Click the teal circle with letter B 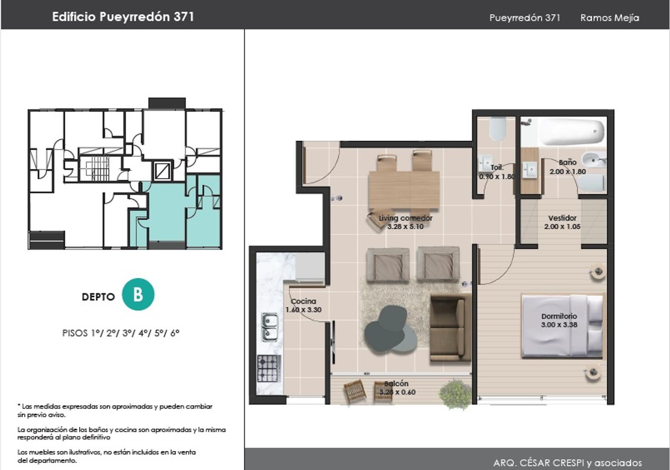click(x=138, y=294)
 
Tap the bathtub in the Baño click(x=572, y=132)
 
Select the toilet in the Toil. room click(x=498, y=129)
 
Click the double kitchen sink click(x=270, y=327)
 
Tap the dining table click(x=404, y=190)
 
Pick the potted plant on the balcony click(x=452, y=394)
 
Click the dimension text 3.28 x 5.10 click(x=405, y=227)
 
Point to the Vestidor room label click(x=562, y=218)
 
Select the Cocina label click(x=303, y=302)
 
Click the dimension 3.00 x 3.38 click(x=559, y=325)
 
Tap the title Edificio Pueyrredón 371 click(x=123, y=17)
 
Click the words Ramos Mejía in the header click(x=610, y=18)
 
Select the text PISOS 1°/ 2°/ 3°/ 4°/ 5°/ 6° click(x=121, y=333)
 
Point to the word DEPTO click(x=98, y=297)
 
